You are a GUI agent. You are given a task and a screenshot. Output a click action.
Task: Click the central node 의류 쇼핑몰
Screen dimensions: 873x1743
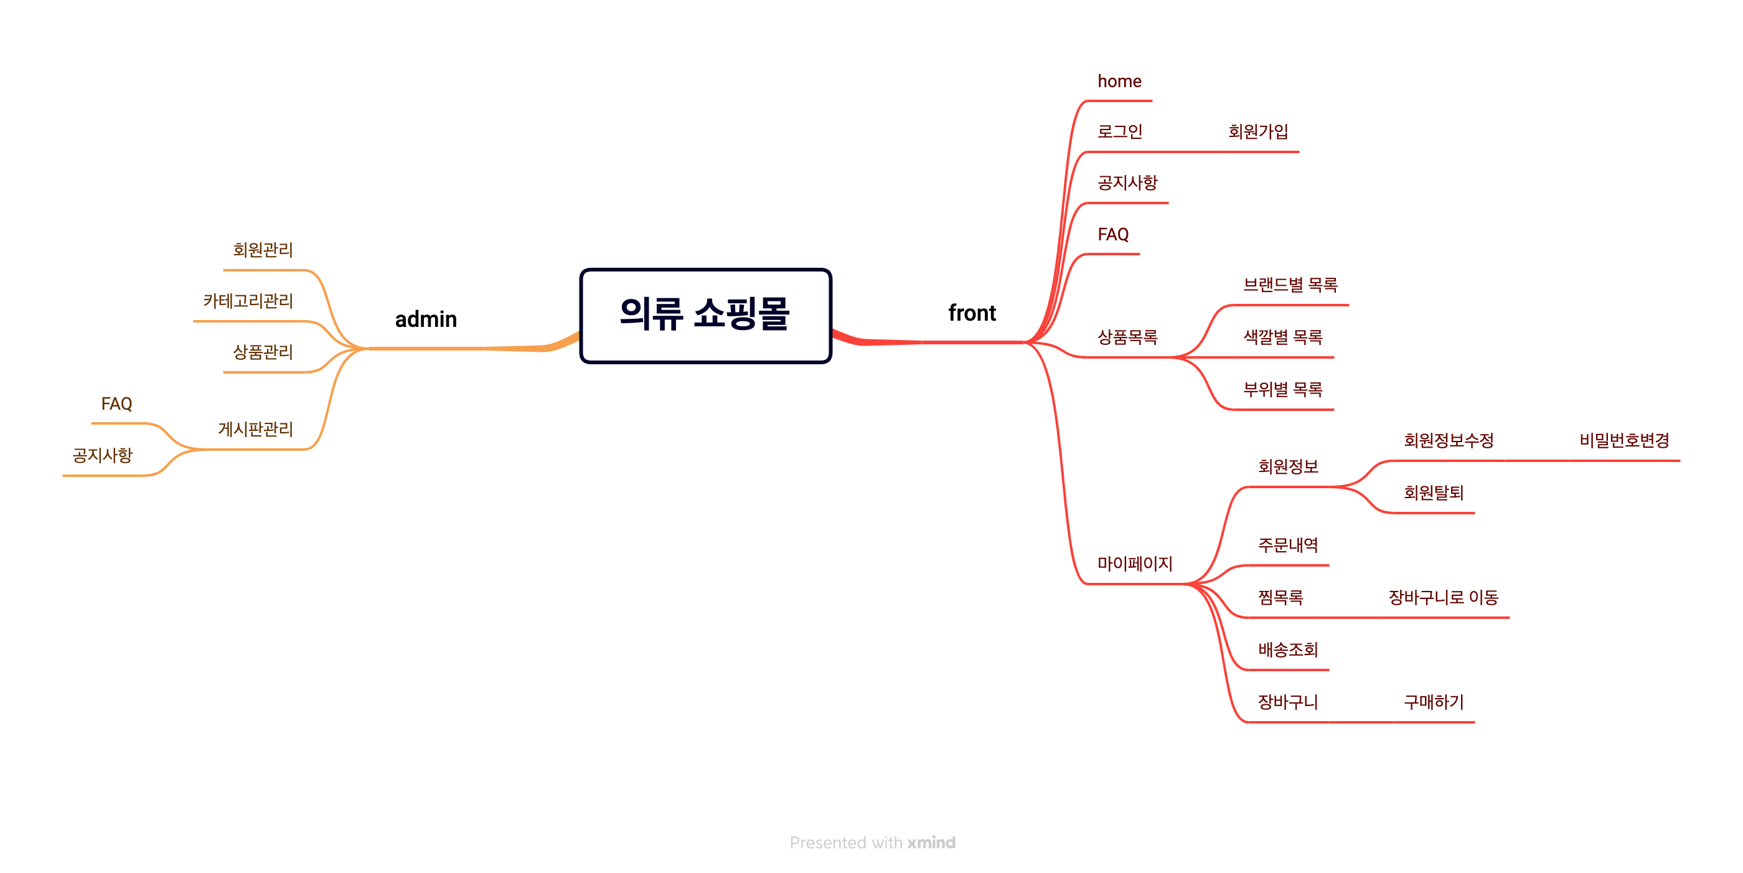coord(705,315)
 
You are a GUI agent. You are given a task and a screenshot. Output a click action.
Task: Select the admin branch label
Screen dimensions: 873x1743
coord(426,319)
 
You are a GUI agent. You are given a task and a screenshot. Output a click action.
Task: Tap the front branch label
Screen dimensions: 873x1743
coord(972,313)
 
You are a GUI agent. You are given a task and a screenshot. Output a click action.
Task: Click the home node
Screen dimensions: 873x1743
coord(1119,81)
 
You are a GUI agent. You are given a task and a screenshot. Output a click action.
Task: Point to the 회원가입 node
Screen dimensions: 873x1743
coord(1258,131)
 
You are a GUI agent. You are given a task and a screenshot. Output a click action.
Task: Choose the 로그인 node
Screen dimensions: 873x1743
coord(1120,131)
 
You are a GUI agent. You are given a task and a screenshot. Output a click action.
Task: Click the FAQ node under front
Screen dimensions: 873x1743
coord(1113,234)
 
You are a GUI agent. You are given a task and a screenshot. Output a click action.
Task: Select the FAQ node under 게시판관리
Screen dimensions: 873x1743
coord(116,404)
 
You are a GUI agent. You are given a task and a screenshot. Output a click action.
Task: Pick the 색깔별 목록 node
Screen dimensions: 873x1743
coord(1283,337)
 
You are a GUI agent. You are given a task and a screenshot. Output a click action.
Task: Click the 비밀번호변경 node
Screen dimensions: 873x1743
coord(1624,441)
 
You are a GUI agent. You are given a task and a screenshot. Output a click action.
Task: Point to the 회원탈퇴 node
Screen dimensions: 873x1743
coord(1433,493)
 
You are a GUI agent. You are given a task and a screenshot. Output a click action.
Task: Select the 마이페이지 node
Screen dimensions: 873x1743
coord(1135,563)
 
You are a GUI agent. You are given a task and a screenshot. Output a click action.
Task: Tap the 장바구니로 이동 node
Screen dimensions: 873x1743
coord(1443,597)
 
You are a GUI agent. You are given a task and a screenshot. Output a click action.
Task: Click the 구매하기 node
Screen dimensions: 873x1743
coord(1433,702)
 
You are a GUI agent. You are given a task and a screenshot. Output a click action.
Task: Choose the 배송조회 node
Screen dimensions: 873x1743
coord(1287,649)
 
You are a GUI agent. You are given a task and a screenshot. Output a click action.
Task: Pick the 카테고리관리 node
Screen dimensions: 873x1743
coord(248,301)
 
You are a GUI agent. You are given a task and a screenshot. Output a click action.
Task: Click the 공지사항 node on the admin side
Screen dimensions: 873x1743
coord(102,455)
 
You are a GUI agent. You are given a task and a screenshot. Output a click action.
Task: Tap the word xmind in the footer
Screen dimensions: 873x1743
coord(931,842)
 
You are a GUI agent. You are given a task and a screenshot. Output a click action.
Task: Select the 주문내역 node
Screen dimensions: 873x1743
coord(1287,545)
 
